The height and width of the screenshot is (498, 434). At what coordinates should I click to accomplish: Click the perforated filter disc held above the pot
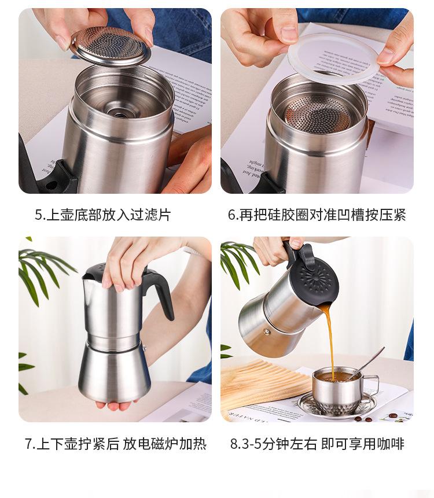111,47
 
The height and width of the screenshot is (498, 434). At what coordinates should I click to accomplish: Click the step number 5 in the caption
38,215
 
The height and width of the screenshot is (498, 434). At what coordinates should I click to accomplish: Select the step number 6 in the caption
231,215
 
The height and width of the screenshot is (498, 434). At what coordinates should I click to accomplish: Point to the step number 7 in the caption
28,444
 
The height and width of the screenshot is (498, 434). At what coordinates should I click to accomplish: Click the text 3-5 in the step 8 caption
250,444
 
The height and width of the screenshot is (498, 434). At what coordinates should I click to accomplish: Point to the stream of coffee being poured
329,343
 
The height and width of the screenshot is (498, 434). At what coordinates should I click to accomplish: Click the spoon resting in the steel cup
369,362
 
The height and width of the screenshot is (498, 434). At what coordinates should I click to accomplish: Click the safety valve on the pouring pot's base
267,332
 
